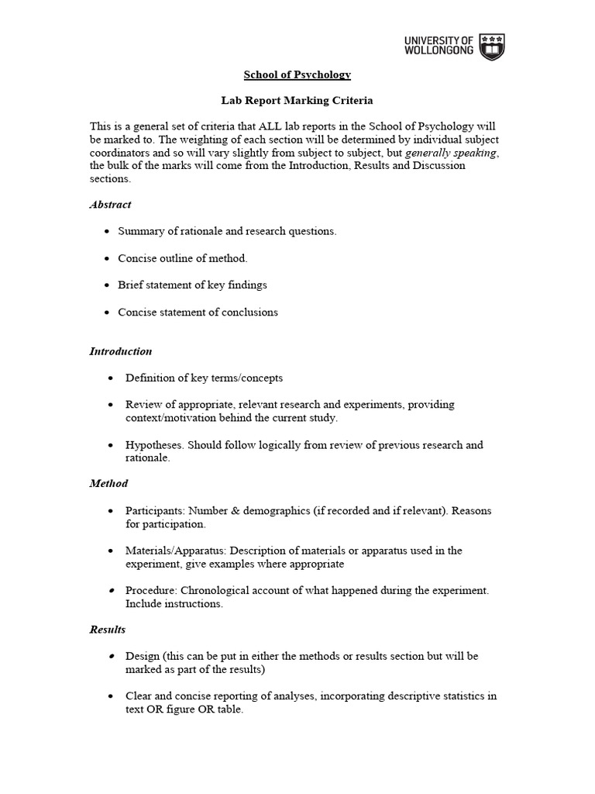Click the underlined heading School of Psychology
(297, 74)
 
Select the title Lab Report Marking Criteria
(297, 101)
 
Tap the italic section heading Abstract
(110, 205)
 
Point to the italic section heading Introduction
(120, 351)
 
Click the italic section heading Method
(108, 483)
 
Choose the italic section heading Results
(108, 629)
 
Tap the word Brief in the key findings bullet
(131, 285)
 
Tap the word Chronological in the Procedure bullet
(216, 590)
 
